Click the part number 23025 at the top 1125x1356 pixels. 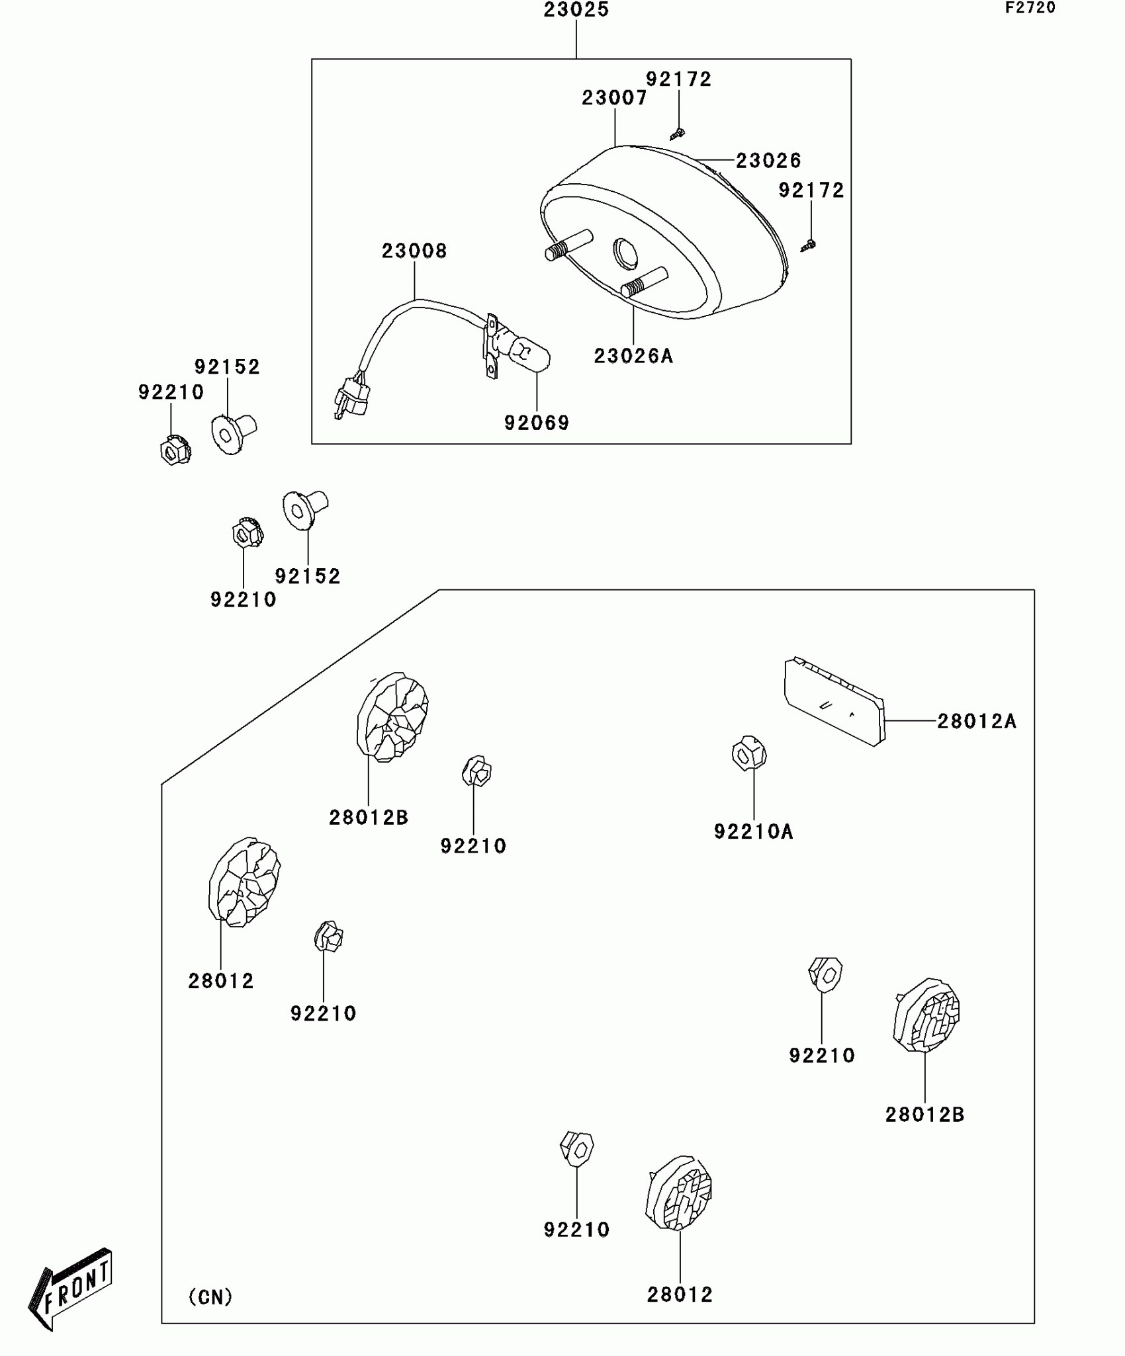click(576, 10)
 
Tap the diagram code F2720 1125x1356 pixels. click(1030, 8)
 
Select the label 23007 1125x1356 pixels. click(614, 98)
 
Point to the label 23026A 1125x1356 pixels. click(633, 356)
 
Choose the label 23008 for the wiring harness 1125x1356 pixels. click(414, 251)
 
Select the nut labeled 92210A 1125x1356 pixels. click(749, 753)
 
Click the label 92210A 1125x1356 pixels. click(753, 831)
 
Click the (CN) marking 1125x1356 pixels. click(210, 1297)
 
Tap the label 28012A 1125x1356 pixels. click(976, 721)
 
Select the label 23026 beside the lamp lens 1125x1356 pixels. click(768, 160)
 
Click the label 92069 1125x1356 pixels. click(537, 423)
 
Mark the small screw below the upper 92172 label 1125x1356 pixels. click(677, 134)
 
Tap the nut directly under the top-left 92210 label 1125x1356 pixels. click(175, 450)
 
